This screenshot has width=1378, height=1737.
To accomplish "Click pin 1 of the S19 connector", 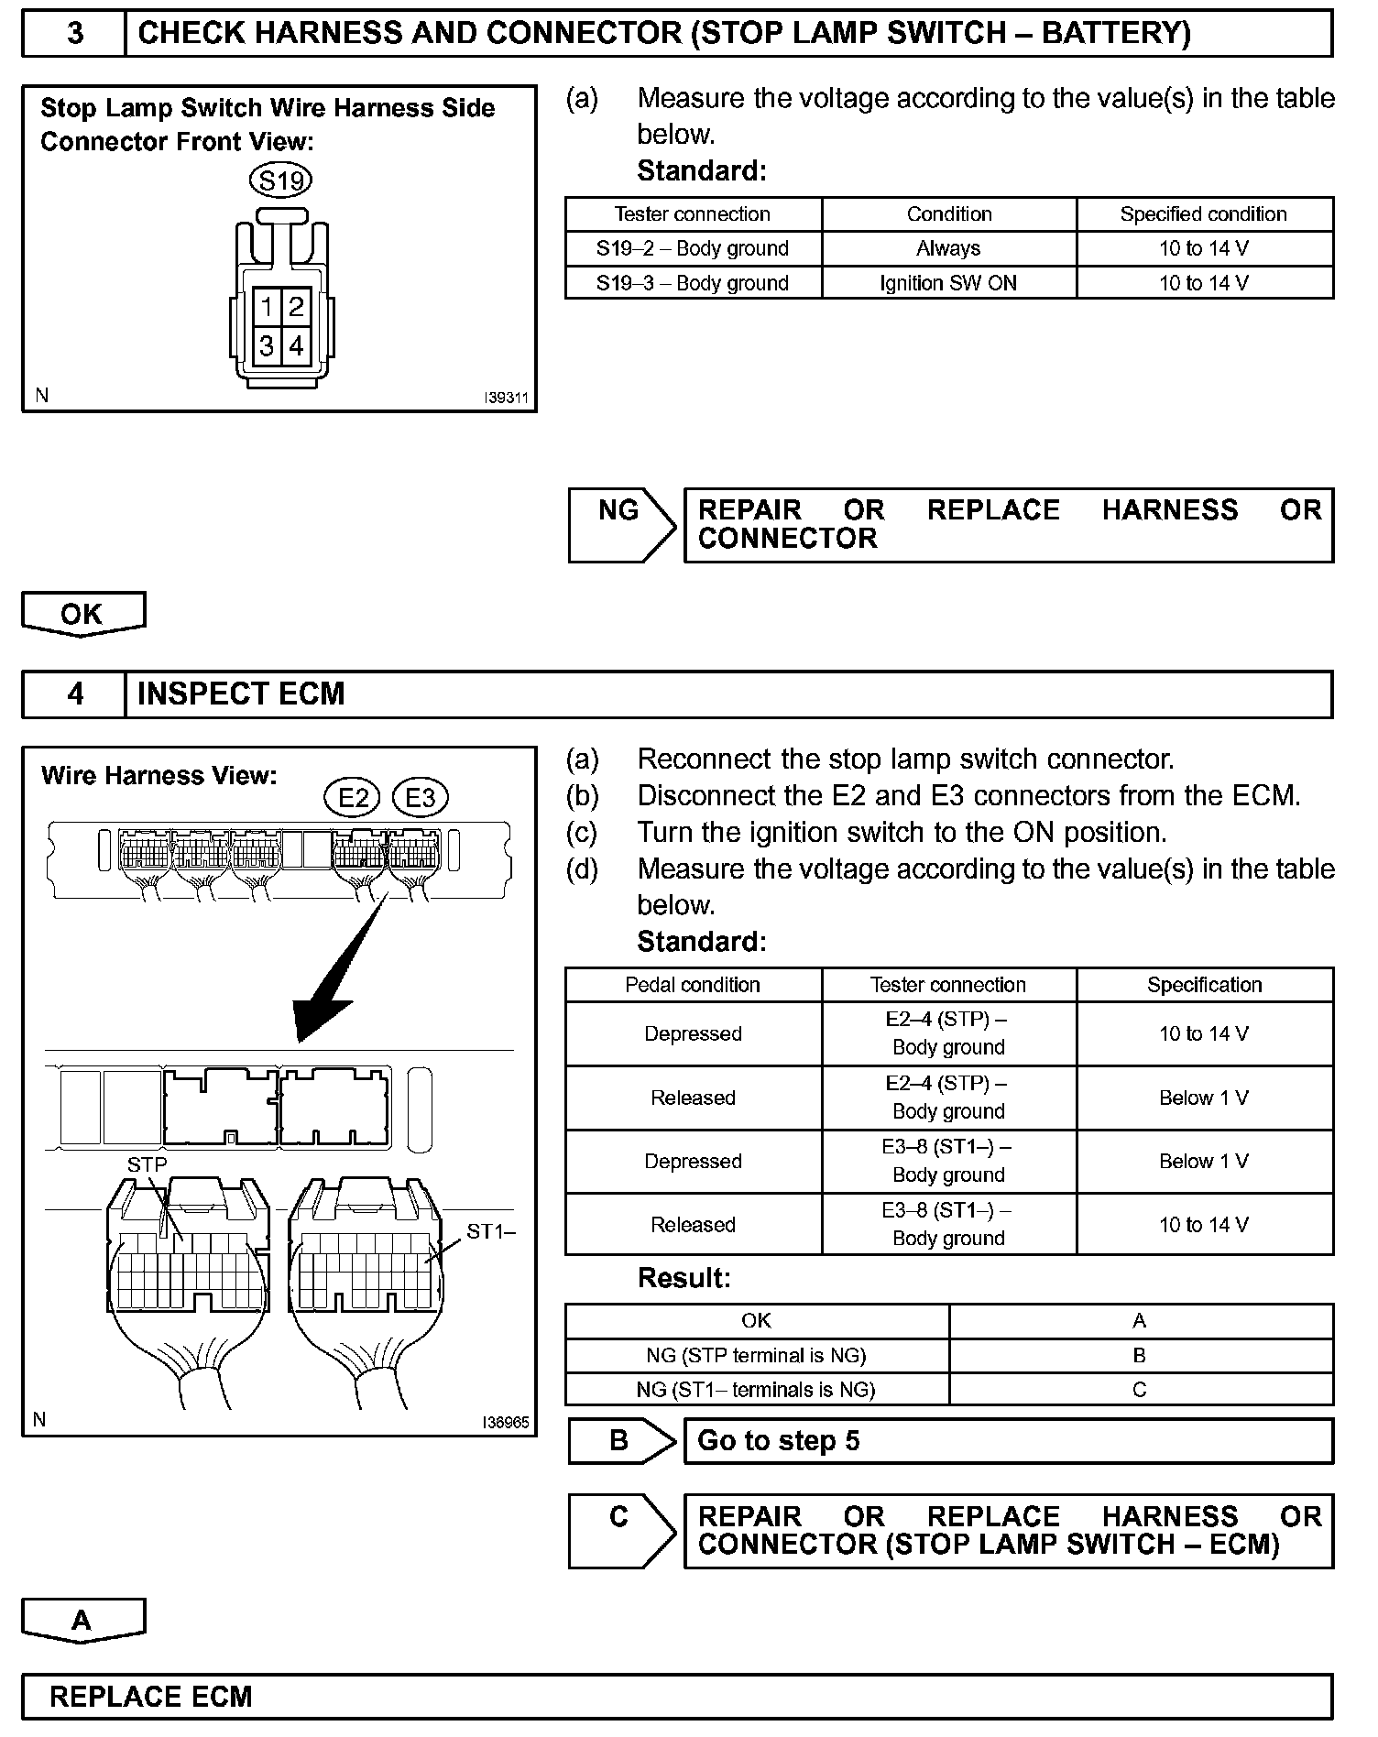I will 266,306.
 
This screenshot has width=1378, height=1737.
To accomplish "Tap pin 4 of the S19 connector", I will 296,346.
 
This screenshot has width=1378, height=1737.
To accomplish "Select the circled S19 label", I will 280,180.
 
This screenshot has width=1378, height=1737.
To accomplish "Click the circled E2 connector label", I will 354,797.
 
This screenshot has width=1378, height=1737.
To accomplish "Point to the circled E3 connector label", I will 420,797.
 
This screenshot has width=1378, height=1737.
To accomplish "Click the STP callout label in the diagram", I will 148,1164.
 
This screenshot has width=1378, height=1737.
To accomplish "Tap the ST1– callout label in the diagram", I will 491,1231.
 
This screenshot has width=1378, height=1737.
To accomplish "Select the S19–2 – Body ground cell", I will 693,248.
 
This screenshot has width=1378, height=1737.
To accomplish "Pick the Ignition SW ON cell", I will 948,283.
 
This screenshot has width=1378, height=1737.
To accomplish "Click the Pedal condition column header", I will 693,985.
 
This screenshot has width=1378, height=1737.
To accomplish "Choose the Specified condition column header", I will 1204,214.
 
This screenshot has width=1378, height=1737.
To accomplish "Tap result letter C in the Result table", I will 1140,1390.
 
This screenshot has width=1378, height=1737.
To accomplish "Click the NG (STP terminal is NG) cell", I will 756,1355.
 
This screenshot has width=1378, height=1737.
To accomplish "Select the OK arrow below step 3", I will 82,614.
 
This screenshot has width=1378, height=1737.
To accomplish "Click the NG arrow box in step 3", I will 620,524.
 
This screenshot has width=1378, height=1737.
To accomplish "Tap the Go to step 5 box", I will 1008,1441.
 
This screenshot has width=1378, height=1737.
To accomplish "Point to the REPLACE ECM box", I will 676,1697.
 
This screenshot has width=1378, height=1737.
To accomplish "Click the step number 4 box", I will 74,694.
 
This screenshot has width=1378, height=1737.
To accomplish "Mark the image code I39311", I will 507,399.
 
